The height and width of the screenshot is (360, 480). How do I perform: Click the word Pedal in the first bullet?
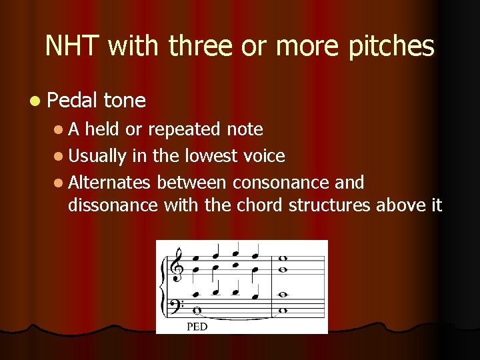[73, 101]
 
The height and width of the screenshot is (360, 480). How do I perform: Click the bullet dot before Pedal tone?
[34, 101]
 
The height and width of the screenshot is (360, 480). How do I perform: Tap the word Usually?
[97, 156]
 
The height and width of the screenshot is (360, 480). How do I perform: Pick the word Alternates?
[109, 182]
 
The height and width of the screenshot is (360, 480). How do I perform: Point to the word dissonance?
[112, 205]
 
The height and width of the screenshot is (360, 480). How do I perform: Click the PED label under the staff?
[197, 326]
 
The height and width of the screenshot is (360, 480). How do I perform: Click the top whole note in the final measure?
[283, 259]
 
